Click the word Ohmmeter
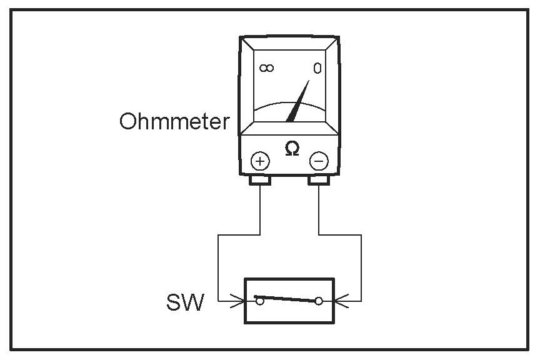pyautogui.click(x=174, y=121)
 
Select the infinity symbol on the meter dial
pyautogui.click(x=266, y=68)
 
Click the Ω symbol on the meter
pyautogui.click(x=291, y=149)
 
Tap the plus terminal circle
pyautogui.click(x=260, y=161)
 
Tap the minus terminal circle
pyautogui.click(x=319, y=161)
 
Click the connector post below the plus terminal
pyautogui.click(x=260, y=181)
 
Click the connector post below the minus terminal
pyautogui.click(x=319, y=181)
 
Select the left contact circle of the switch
pyautogui.click(x=259, y=301)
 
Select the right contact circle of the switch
pyautogui.click(x=319, y=301)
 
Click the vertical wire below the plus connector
pyautogui.click(x=260, y=209)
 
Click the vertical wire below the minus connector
pyautogui.click(x=319, y=209)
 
